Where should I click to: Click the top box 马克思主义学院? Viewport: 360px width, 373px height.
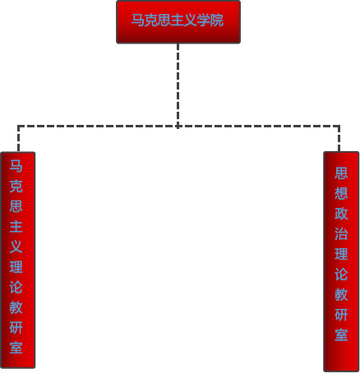[178, 22]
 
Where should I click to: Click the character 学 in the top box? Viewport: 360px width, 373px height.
[204, 20]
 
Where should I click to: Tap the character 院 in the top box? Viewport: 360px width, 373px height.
[217, 20]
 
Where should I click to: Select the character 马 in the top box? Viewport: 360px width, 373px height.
[138, 20]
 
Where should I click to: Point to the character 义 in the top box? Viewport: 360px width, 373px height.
[191, 20]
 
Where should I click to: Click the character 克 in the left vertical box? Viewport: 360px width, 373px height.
[16, 186]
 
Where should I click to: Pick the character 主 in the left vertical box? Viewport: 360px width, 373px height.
[16, 227]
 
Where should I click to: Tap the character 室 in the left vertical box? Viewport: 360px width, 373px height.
[16, 348]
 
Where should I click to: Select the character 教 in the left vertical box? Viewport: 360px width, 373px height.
[16, 307]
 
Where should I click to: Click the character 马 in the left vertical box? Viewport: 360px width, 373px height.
[16, 166]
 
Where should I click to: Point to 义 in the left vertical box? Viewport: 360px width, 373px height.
[16, 247]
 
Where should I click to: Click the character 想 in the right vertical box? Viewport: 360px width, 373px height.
[341, 193]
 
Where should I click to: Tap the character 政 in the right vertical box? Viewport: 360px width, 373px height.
[341, 214]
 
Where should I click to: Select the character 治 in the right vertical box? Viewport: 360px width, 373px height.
[341, 234]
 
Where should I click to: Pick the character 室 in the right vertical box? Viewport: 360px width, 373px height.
[341, 335]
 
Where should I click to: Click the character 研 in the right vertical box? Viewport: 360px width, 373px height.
[341, 315]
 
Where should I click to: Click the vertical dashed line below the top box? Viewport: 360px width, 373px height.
[178, 85]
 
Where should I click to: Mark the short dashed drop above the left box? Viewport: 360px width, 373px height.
[18, 139]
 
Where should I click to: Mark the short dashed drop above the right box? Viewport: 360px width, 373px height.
[339, 139]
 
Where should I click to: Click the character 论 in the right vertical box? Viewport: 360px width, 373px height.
[341, 274]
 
